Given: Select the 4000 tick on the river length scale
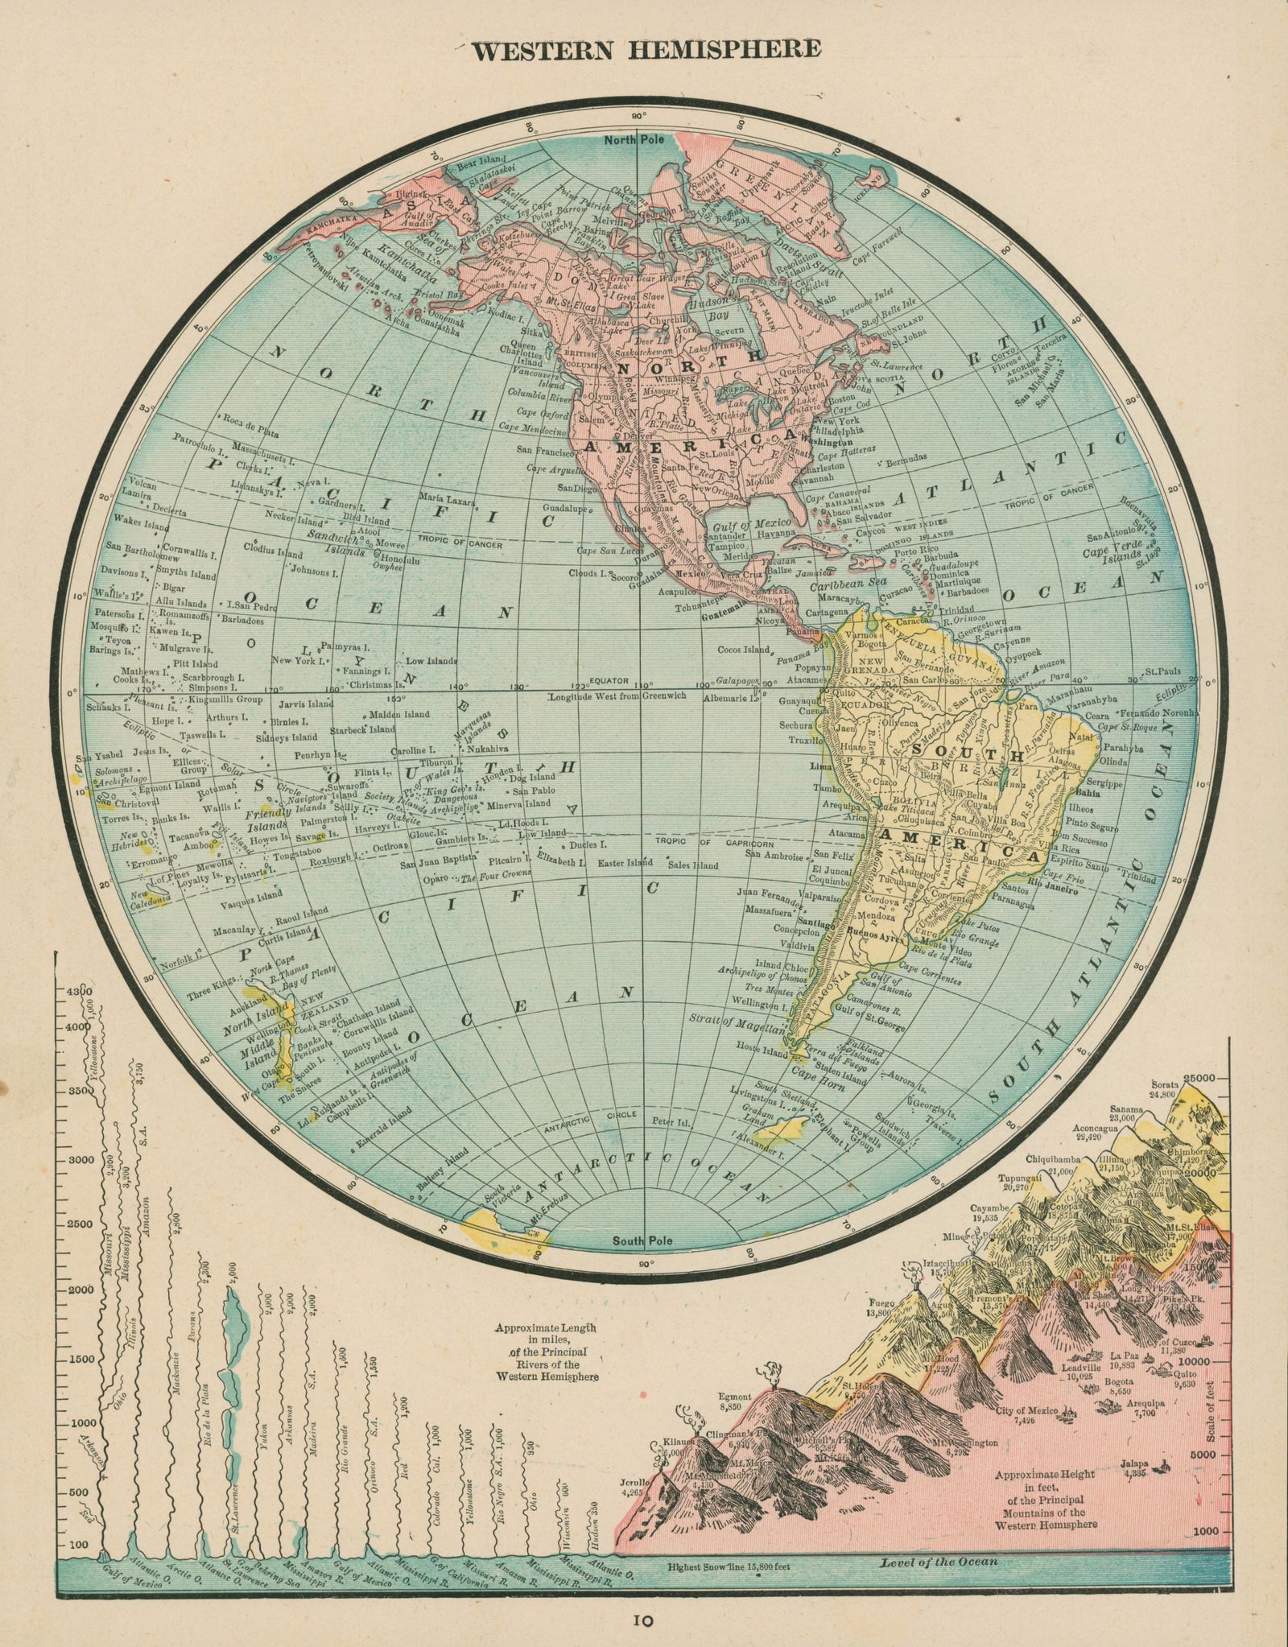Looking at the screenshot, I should tap(76, 1027).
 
